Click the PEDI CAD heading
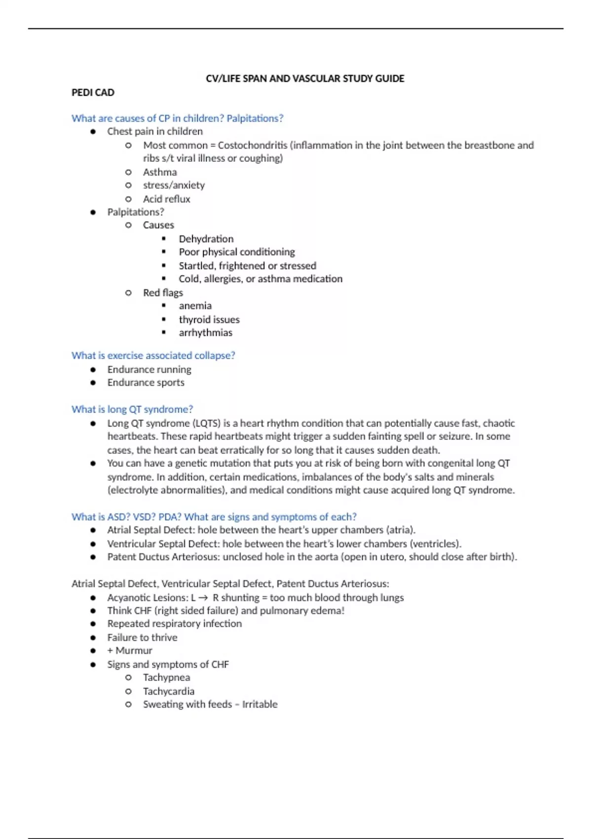[x=93, y=92]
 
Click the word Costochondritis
[x=252, y=145]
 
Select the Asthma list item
[x=160, y=172]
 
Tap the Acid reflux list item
[x=166, y=199]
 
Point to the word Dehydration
[x=206, y=239]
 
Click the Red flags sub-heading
[x=163, y=293]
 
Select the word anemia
[x=195, y=305]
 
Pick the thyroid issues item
[x=209, y=319]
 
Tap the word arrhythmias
[x=205, y=333]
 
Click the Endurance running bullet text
[x=149, y=369]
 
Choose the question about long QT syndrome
[x=132, y=409]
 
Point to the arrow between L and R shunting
[x=203, y=598]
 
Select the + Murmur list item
[x=130, y=650]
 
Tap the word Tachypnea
[x=166, y=677]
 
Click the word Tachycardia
[x=168, y=691]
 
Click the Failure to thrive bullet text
[x=142, y=637]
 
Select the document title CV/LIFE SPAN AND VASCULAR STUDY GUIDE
[x=305, y=78]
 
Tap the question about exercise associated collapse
[x=153, y=355]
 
